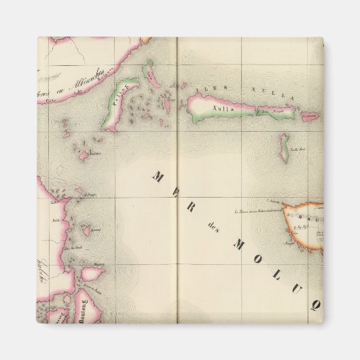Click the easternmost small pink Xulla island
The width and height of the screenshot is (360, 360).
pyautogui.click(x=309, y=117)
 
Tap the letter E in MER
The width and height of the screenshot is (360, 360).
pyautogui.click(x=173, y=192)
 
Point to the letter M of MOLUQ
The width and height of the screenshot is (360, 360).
pyautogui.click(x=239, y=244)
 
